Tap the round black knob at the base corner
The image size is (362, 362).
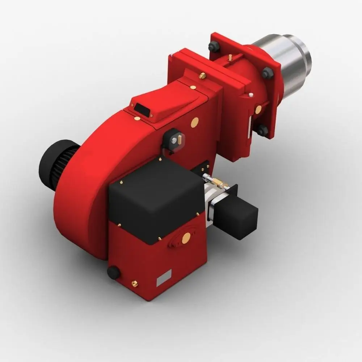[114, 273]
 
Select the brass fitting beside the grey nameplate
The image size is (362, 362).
[135, 284]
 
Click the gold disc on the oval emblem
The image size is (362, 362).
[186, 237]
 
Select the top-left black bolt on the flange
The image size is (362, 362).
[214, 46]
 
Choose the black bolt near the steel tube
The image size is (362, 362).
[268, 73]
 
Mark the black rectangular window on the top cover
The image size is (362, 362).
[142, 110]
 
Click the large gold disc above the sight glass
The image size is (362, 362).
[195, 122]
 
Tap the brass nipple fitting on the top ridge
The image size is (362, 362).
[203, 76]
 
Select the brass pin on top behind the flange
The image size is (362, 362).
[230, 58]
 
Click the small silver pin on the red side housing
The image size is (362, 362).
[251, 95]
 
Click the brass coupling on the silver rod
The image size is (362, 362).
[218, 182]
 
